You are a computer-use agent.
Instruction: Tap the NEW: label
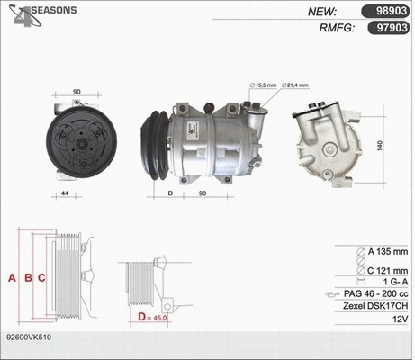[x=322, y=12]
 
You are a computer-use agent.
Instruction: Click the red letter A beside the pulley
[x=12, y=277]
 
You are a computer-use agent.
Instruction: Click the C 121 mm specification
[x=382, y=268]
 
